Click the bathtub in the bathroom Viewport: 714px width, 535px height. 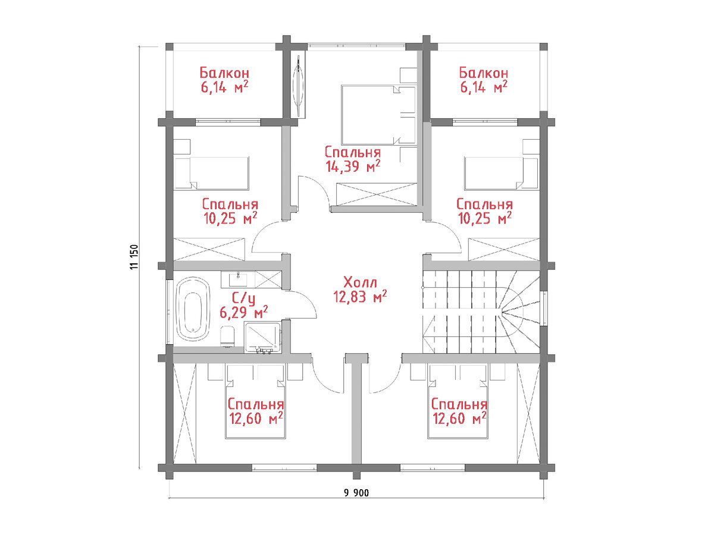[x=193, y=309]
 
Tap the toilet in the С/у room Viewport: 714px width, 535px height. [x=227, y=337]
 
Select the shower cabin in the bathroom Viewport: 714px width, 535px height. [x=262, y=337]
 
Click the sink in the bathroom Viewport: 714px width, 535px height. [x=238, y=279]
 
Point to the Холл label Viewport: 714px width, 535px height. [x=361, y=282]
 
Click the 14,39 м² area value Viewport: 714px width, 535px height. [x=353, y=166]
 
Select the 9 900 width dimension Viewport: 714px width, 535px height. [x=356, y=493]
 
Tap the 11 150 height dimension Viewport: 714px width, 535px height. [x=134, y=257]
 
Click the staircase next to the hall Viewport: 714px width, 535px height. [x=481, y=312]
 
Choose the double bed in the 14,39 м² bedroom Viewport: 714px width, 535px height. [x=378, y=115]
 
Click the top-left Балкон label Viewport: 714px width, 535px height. [x=224, y=73]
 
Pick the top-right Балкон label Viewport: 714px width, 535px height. [x=483, y=73]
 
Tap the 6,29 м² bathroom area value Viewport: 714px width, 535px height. [x=244, y=312]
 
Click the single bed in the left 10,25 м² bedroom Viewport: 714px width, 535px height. [x=212, y=174]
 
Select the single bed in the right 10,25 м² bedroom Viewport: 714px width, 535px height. [x=501, y=174]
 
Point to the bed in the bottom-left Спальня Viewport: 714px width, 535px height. [x=256, y=401]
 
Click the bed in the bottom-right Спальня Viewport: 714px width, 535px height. [x=458, y=401]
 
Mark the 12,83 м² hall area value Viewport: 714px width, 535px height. [x=360, y=296]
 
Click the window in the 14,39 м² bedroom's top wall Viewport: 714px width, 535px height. [x=356, y=46]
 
